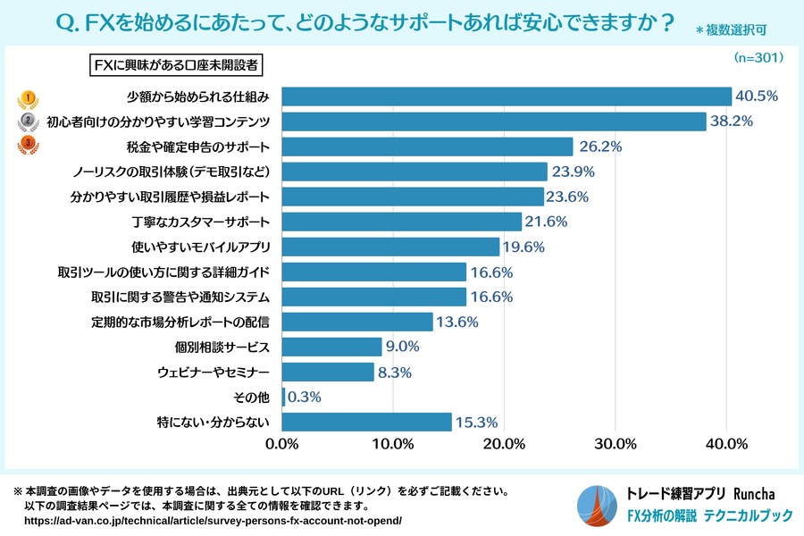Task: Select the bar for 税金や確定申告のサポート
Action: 428,147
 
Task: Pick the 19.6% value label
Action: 525,247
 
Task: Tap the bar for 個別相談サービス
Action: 332,347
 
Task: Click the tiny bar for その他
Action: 284,397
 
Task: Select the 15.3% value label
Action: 477,422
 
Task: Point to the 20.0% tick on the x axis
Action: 505,444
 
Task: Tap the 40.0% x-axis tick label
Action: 726,444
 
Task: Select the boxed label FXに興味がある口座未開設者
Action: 178,66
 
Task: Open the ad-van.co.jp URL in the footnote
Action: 213,520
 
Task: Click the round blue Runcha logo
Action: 598,506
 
